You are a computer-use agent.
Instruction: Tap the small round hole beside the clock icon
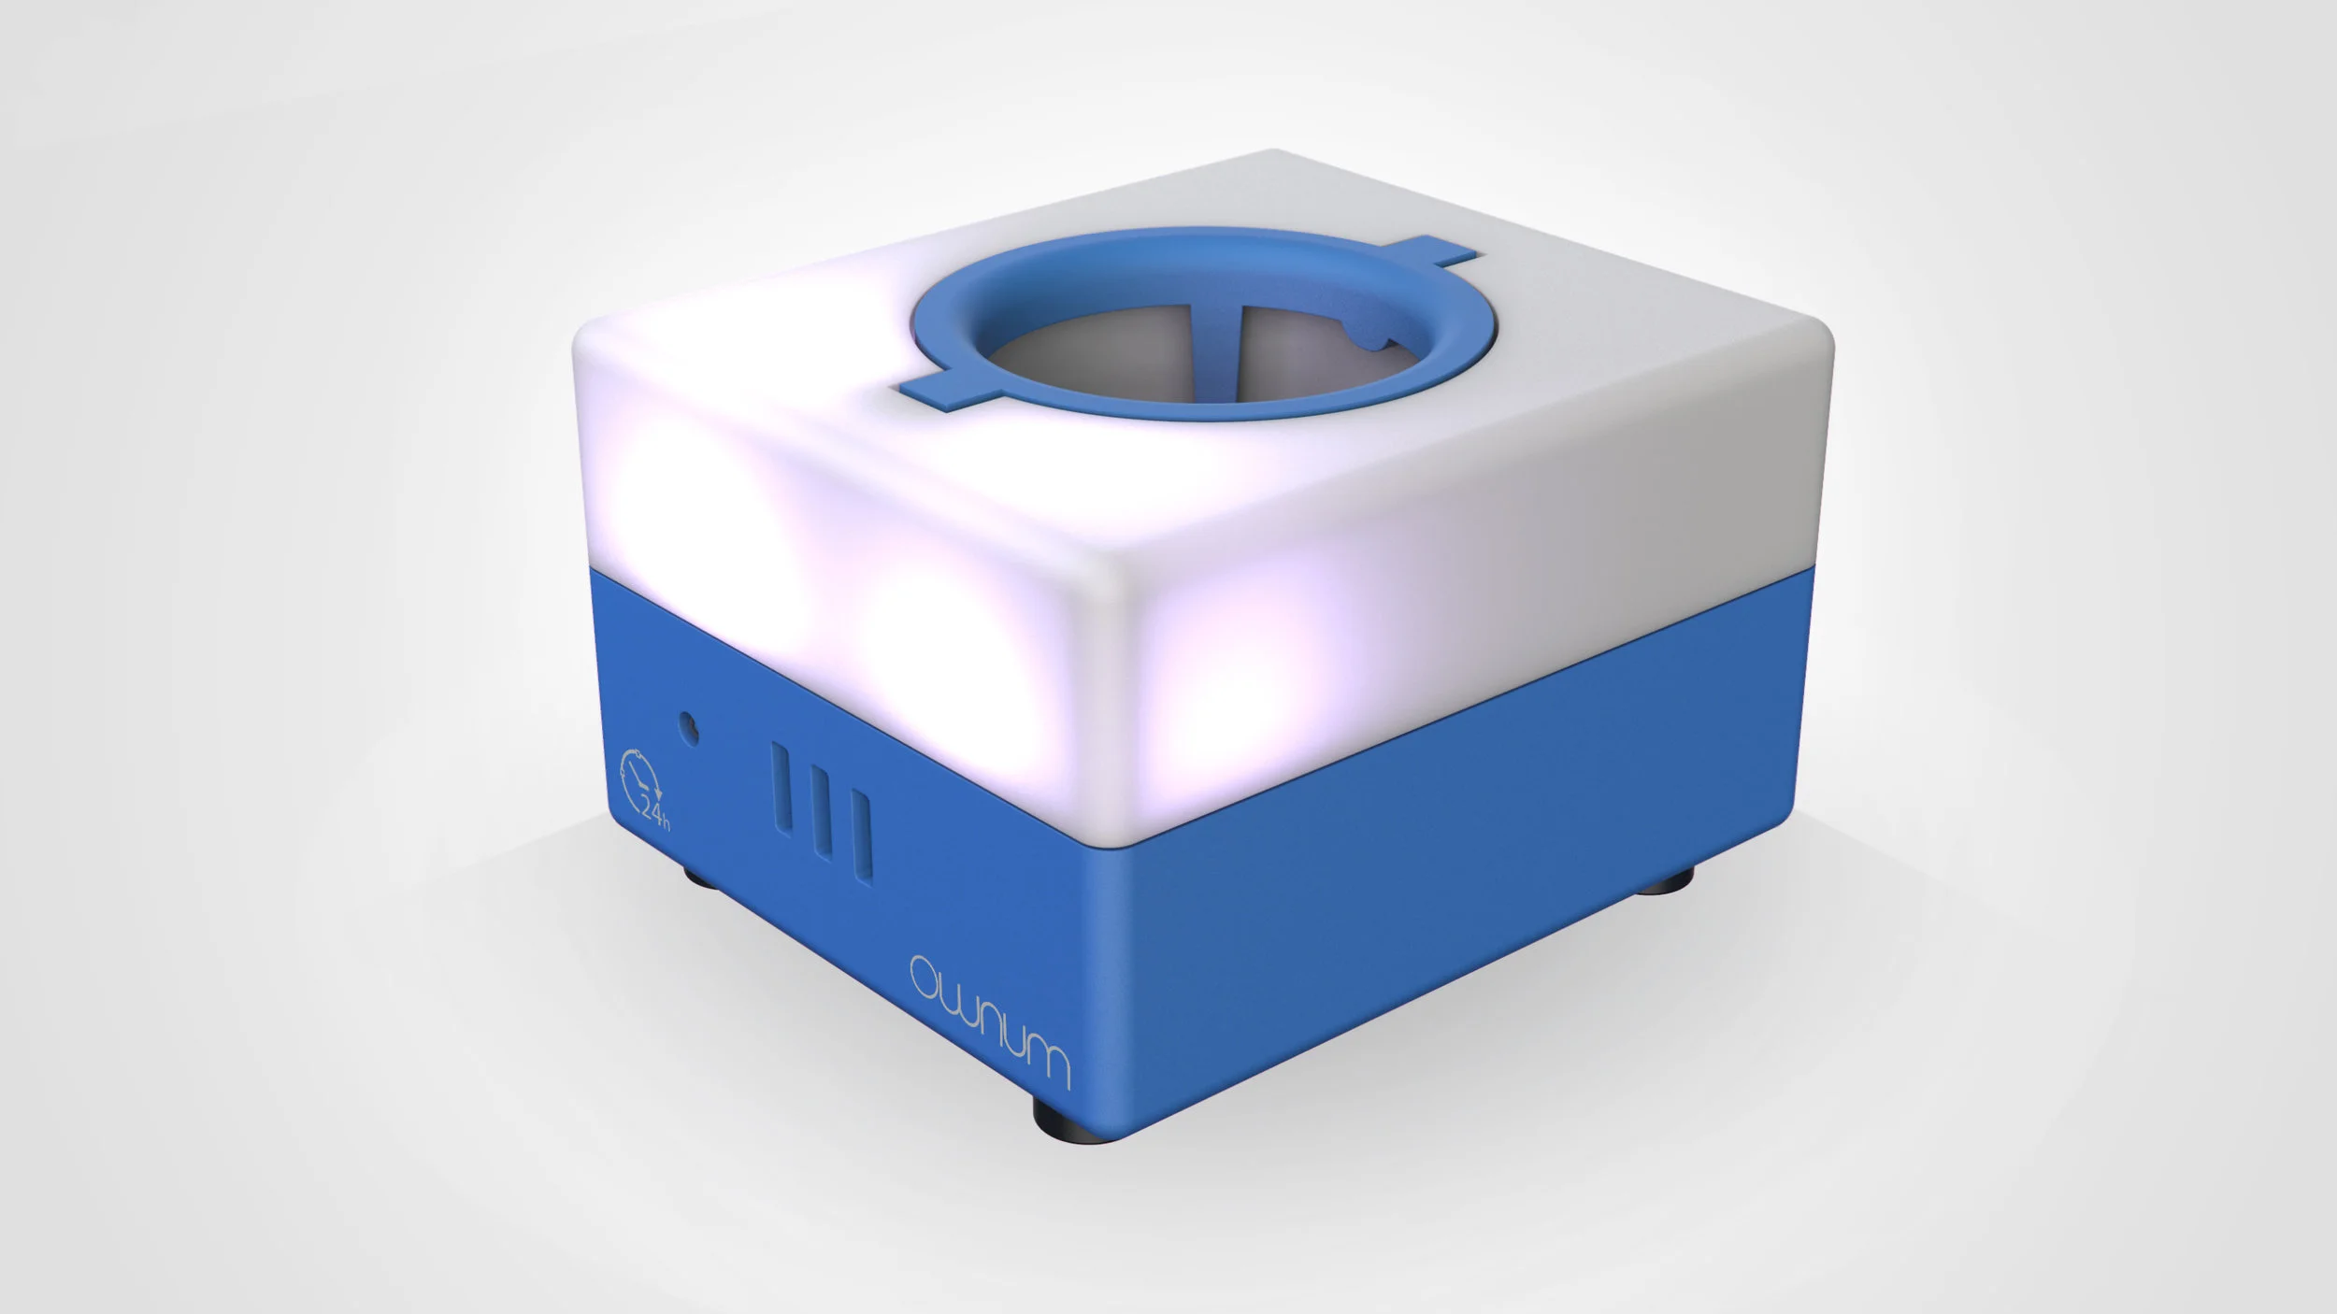pos(689,724)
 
